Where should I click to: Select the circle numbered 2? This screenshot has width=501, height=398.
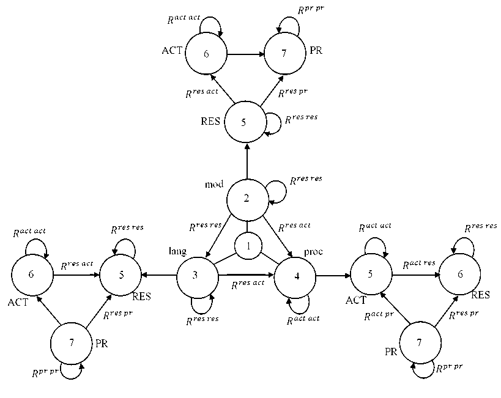pos(247,199)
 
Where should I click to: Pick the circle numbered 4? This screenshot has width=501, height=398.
pos(295,276)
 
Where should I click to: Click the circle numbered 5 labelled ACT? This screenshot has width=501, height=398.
pos(370,274)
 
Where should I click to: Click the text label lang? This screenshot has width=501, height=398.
pos(177,251)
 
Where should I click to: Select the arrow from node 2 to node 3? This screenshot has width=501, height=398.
pos(219,236)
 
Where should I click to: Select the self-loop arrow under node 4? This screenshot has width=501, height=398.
pos(300,304)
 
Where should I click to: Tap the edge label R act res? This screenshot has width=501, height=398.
pos(419,263)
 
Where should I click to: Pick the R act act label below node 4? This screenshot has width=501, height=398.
pos(303,319)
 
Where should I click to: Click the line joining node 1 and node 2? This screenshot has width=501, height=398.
pos(247,225)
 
